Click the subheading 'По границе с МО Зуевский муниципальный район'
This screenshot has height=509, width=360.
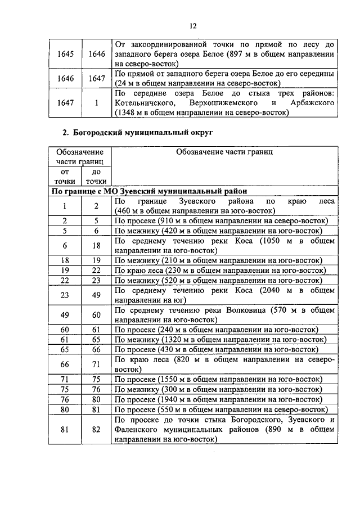148,191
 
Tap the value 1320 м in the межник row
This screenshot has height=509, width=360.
173,340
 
